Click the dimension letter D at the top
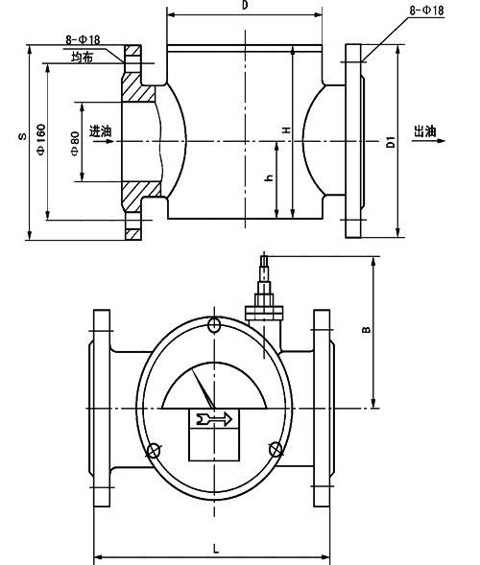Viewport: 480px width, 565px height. point(246,7)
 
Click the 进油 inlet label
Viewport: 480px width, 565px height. point(99,131)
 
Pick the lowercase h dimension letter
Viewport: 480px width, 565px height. point(269,178)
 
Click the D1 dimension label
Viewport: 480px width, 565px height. point(390,144)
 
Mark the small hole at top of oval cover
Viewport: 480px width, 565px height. point(213,322)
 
